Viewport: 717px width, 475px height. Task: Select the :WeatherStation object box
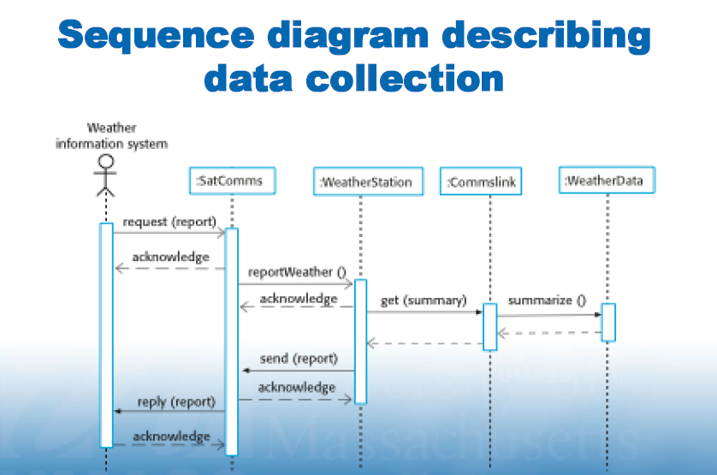(x=366, y=181)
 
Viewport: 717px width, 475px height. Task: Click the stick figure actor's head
(x=106, y=162)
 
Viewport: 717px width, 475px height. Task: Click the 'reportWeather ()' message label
(x=297, y=272)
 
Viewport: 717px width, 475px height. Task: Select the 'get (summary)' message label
(x=423, y=300)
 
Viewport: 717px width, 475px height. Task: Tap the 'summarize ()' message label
(x=547, y=300)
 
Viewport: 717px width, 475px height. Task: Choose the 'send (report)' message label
(x=299, y=359)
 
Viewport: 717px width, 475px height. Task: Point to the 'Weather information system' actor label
(x=112, y=136)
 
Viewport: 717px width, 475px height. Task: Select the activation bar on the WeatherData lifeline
(x=608, y=322)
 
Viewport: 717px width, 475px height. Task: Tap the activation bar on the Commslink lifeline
(x=489, y=326)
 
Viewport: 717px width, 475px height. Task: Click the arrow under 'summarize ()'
(x=548, y=315)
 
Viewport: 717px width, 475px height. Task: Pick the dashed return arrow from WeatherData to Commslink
(x=548, y=333)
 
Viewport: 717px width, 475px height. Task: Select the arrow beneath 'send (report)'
(x=298, y=371)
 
